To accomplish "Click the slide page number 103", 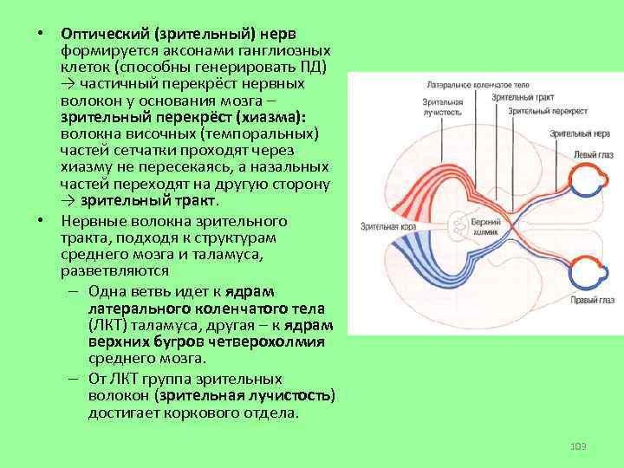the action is click(x=579, y=445).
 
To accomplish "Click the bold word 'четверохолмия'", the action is click(x=276, y=341).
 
